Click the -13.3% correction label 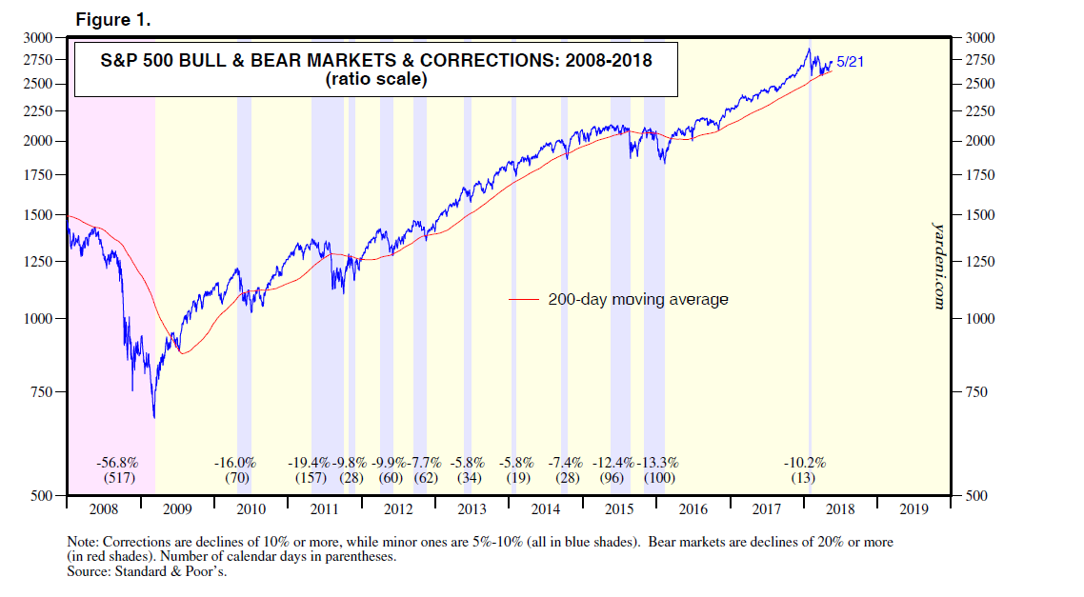pos(658,462)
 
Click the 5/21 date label pos(850,62)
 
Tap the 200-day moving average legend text pos(637,299)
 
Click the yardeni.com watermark pos(936,266)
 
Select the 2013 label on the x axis pos(472,509)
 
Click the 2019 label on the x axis pos(912,509)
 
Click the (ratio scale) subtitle pos(376,80)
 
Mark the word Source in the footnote pos(84,571)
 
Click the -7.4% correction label pos(567,462)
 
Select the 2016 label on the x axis pos(693,509)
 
